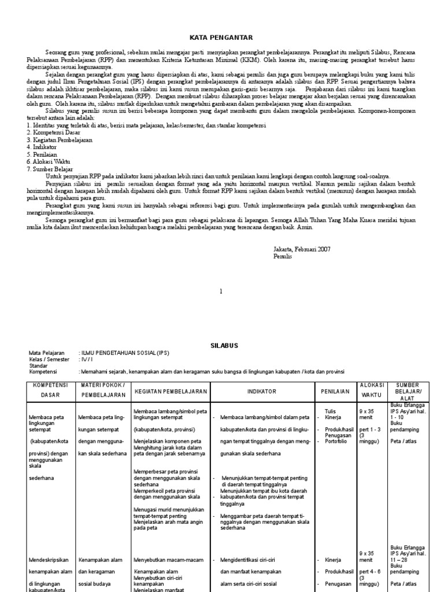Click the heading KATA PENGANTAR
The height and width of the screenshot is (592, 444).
[x=221, y=38]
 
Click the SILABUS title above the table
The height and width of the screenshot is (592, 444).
[x=221, y=345]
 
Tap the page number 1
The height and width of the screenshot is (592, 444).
[x=221, y=293]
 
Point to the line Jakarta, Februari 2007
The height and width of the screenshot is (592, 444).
[x=302, y=249]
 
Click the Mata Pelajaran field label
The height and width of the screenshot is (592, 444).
[x=46, y=353]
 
